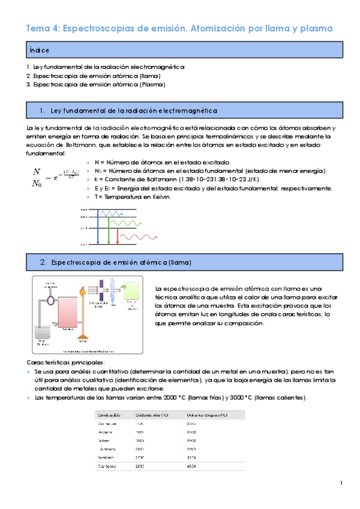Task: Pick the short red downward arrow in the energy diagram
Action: (x=117, y=236)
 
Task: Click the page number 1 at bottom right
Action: (x=341, y=483)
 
